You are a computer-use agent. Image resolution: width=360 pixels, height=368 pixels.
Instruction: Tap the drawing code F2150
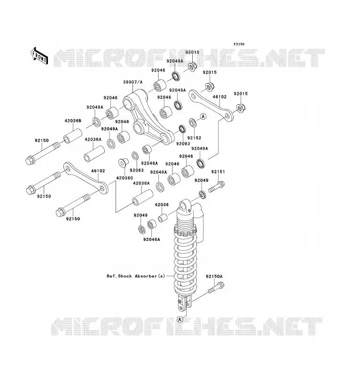click(239, 44)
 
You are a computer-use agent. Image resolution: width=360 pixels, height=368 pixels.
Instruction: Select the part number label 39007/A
click(133, 82)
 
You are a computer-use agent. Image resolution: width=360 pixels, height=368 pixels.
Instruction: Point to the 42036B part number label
click(73, 121)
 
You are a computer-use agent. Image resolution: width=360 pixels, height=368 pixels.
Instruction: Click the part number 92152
click(194, 138)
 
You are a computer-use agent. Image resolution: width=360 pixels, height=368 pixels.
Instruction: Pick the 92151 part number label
click(218, 172)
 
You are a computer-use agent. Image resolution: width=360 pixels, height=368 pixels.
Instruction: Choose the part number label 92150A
click(214, 276)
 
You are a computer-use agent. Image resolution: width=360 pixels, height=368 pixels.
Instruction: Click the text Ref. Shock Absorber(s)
click(136, 276)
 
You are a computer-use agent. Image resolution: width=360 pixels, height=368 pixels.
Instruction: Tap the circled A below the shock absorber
click(180, 319)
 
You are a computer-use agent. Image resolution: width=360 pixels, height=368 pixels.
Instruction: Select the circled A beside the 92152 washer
click(203, 116)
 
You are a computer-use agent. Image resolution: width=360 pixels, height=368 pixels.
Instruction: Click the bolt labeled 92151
click(216, 186)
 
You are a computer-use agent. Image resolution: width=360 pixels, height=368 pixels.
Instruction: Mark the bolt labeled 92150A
click(216, 288)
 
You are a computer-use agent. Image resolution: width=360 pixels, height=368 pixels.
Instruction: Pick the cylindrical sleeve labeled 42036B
click(73, 136)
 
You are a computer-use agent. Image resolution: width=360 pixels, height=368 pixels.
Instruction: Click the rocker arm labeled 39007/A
click(149, 117)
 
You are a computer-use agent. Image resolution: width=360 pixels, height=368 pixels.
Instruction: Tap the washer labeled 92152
click(193, 122)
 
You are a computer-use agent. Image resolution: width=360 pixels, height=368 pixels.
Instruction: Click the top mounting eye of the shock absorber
click(185, 206)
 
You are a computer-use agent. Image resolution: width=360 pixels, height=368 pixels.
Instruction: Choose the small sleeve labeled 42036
click(162, 218)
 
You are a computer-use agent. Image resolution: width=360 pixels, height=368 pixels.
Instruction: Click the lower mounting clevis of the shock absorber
click(185, 304)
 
